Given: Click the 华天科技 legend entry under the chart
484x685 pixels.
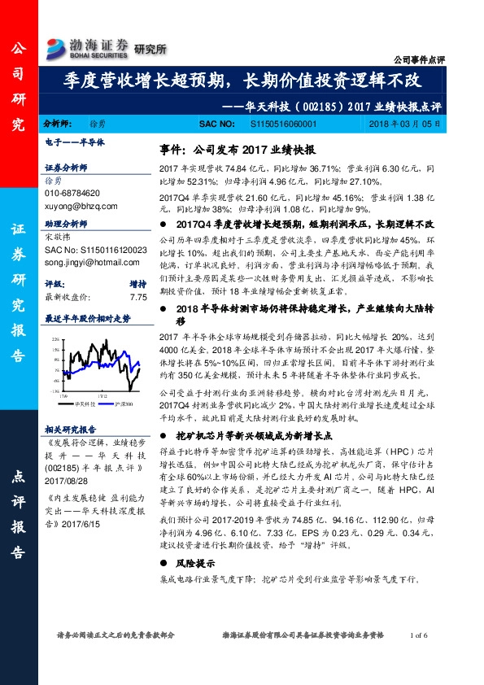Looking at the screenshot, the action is (x=83, y=403).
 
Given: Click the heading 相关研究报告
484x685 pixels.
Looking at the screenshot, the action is (x=71, y=429).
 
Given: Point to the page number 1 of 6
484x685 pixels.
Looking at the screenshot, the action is (x=425, y=635).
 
